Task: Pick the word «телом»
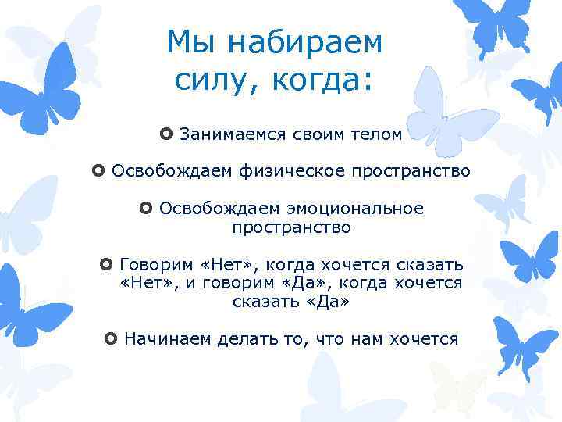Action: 377,134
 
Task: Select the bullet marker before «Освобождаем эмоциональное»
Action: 145,209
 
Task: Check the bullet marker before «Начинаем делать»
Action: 110,338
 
